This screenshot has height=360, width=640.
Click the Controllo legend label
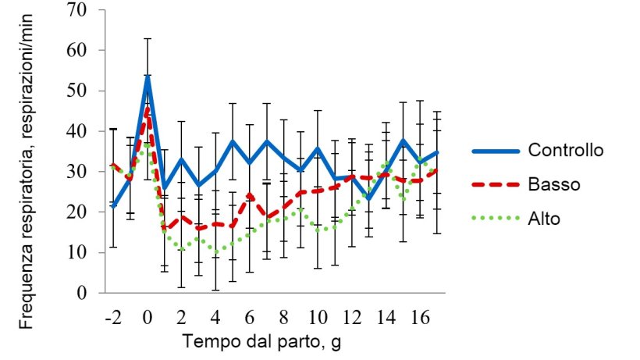click(565, 150)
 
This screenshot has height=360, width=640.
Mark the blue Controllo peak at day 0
click(148, 77)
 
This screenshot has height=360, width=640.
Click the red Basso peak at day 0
click(148, 109)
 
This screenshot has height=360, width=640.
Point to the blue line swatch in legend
click(492, 150)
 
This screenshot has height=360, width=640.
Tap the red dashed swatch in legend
click(492, 185)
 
